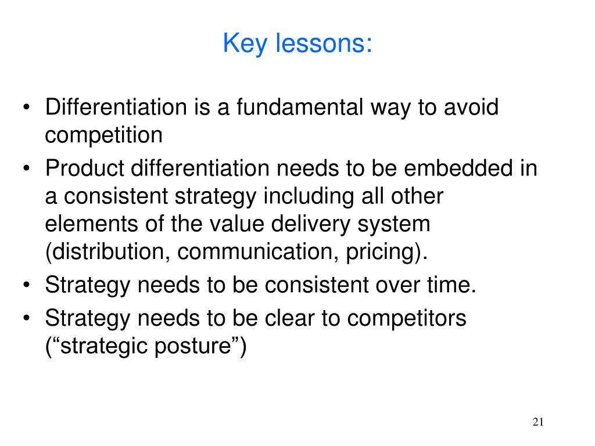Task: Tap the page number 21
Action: (x=537, y=422)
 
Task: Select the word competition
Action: (x=103, y=135)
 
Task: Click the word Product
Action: (x=85, y=169)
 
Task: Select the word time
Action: (x=451, y=285)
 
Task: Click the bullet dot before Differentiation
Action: (x=28, y=109)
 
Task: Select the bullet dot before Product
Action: (x=28, y=170)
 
